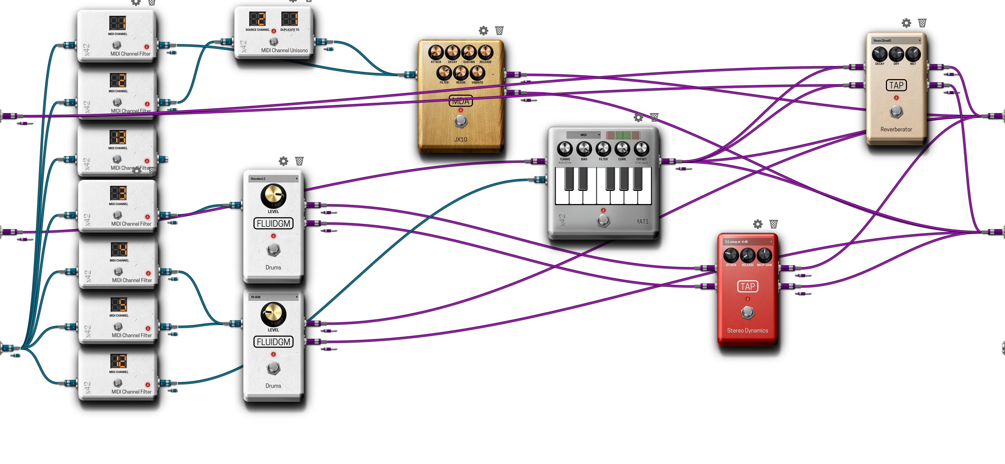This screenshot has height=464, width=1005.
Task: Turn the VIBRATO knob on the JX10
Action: pos(477,72)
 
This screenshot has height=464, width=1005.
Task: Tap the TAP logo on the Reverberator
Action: pos(896,85)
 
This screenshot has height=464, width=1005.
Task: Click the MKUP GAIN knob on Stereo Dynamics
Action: pos(764,255)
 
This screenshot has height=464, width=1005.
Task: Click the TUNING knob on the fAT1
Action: pos(564,149)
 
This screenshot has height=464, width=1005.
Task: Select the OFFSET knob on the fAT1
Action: pos(641,149)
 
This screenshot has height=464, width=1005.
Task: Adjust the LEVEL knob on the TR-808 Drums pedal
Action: pos(273,314)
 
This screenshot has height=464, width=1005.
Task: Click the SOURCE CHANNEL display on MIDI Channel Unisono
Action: pos(257,19)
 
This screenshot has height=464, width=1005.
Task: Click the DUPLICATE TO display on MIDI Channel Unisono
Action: pos(290,19)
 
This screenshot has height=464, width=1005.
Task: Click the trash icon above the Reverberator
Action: pos(922,23)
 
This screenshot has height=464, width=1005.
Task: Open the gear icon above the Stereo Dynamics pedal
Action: pos(758,224)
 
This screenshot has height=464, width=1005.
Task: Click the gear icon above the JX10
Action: pos(483,30)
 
